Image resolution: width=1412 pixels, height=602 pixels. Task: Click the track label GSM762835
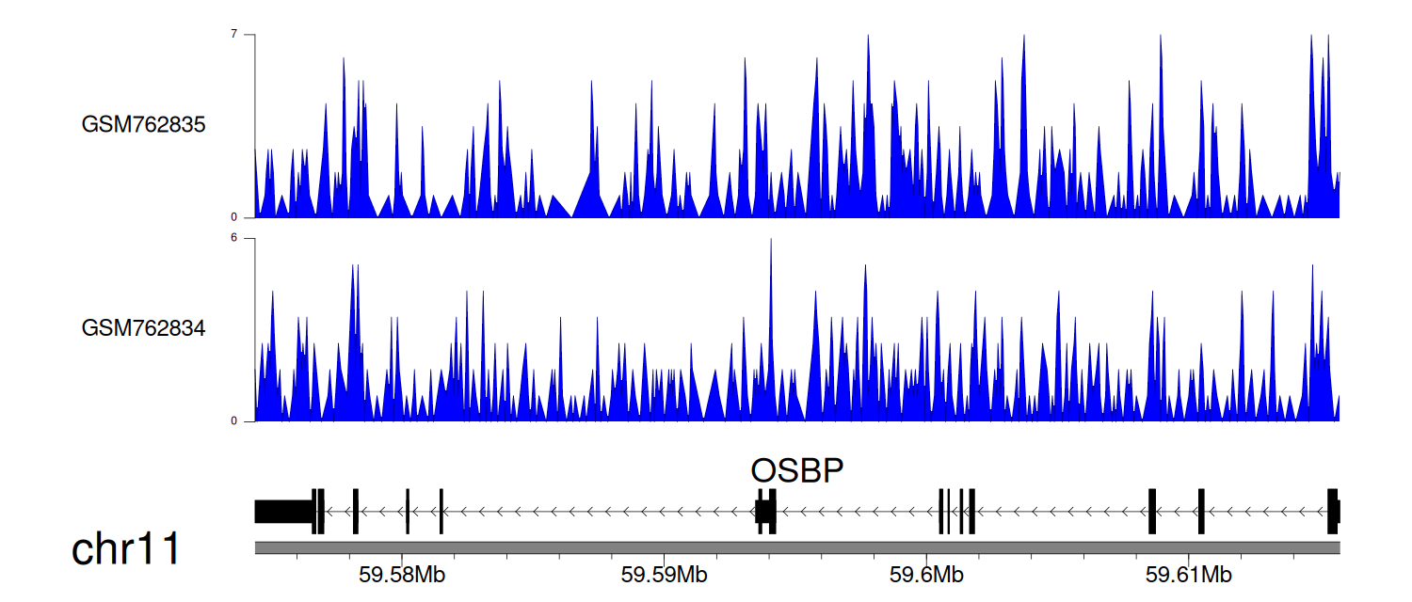coord(143,125)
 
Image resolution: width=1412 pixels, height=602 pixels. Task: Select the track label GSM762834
coord(143,328)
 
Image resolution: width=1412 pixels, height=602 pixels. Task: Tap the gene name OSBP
coord(796,470)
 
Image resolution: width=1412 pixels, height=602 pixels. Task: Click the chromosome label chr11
coord(125,549)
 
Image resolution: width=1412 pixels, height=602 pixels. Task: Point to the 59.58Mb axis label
coord(402,575)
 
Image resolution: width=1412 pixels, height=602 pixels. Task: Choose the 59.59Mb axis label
coord(664,575)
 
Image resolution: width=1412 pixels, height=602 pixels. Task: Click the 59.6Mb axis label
coord(926,575)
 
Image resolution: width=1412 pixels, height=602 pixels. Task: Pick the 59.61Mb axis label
coord(1188,575)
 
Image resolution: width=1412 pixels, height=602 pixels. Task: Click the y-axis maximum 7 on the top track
coord(233,34)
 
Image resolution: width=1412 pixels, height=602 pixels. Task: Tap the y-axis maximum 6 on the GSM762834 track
coord(233,238)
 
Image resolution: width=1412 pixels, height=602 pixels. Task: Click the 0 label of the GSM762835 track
coord(233,217)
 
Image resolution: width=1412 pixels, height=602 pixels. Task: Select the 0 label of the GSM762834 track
coord(233,420)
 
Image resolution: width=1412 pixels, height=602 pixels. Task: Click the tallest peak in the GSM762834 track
coord(771,240)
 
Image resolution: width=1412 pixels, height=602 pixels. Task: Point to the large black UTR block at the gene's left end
coord(283,512)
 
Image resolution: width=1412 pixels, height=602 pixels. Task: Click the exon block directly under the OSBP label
coord(766,512)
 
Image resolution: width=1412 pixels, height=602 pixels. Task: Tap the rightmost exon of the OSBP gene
coord(1333,512)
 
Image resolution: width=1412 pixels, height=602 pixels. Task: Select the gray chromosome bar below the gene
coord(797,547)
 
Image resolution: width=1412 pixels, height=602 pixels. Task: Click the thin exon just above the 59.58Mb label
coord(408,512)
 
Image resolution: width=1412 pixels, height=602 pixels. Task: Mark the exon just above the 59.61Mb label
coord(1201,512)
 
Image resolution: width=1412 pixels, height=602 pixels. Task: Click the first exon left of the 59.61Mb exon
coord(1152,512)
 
